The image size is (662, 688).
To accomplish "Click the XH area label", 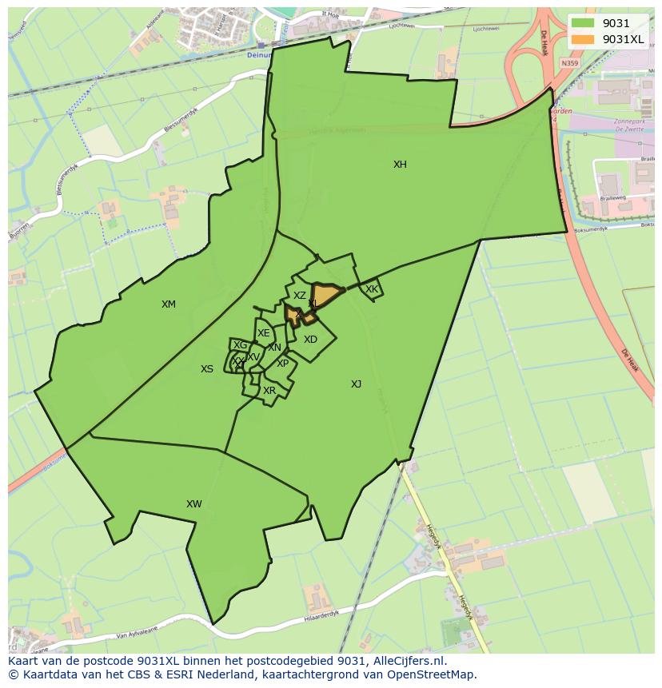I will click(400, 165).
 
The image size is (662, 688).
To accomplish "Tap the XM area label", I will click(168, 304).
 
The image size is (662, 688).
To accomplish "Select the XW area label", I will click(193, 504).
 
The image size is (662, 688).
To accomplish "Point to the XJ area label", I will click(356, 384).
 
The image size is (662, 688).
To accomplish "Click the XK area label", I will click(371, 289).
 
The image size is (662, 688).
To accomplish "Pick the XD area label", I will click(310, 340).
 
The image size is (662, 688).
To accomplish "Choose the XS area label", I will click(207, 369).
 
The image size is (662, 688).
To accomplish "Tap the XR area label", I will click(269, 391).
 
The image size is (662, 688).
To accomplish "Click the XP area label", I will click(282, 364).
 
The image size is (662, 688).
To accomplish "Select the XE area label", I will click(263, 333).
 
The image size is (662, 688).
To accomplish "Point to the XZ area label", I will click(299, 296).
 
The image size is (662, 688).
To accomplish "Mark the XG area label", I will click(240, 345).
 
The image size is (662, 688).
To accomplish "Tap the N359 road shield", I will click(569, 63).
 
